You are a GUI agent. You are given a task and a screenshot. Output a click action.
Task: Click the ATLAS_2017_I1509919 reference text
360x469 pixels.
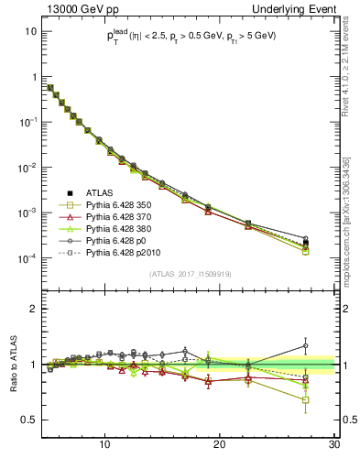pyautogui.click(x=190, y=273)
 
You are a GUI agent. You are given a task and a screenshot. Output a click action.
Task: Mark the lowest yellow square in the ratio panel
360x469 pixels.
pyautogui.click(x=305, y=399)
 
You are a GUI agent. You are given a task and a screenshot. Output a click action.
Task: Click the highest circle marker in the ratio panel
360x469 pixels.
pyautogui.click(x=305, y=346)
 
